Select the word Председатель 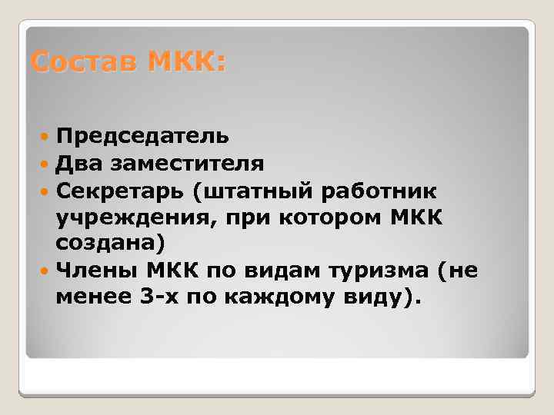click(142, 136)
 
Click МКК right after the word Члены click(178, 271)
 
